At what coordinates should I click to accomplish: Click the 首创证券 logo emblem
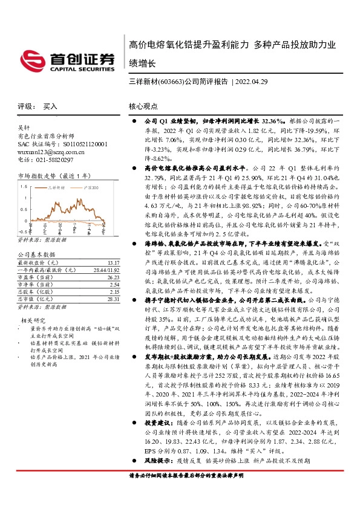[33, 59]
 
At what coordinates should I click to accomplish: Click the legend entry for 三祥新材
[59, 188]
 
